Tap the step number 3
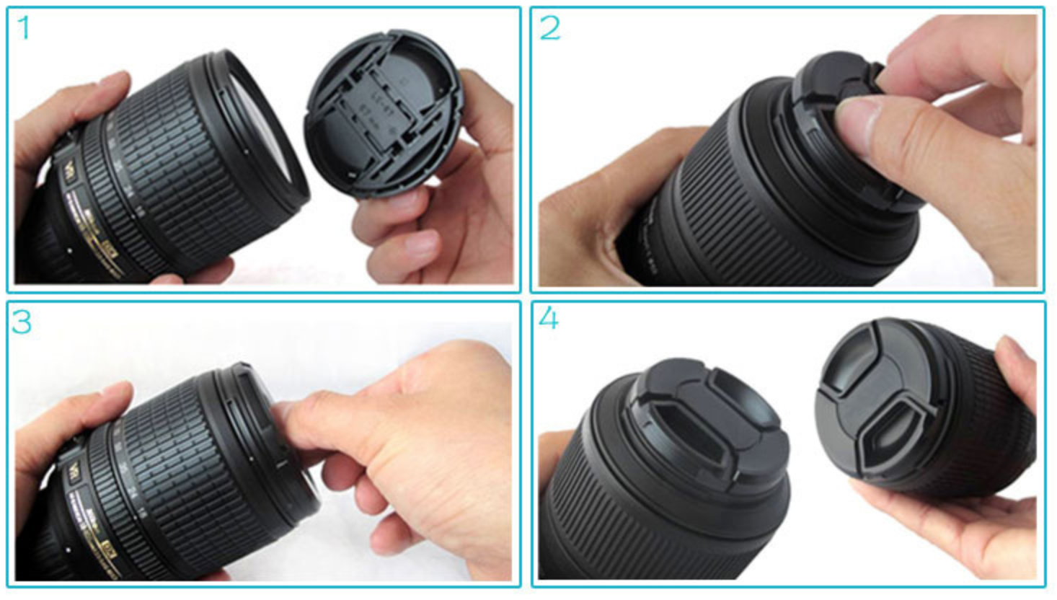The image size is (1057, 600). click(22, 322)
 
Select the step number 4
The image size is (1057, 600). click(549, 317)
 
